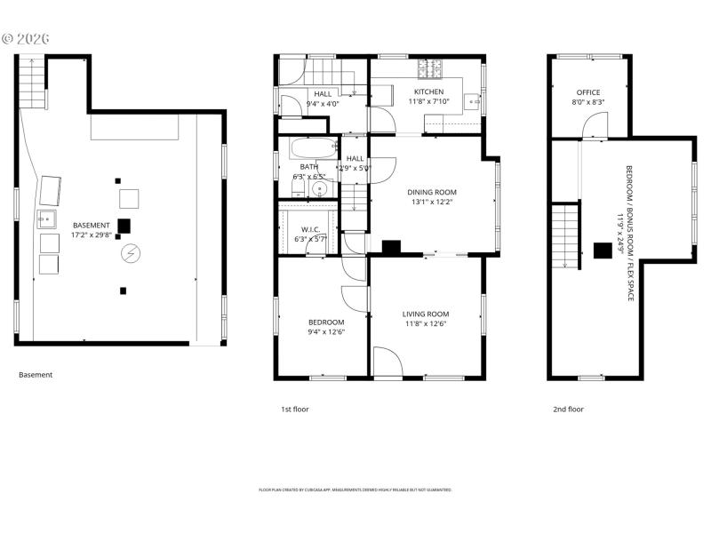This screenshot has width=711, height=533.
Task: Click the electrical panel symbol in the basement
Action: tap(131, 254)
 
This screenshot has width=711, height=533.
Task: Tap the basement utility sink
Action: tap(45, 219)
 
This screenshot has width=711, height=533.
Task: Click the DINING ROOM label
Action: tap(432, 192)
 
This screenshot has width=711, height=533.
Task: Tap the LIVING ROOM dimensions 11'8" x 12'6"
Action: tap(426, 324)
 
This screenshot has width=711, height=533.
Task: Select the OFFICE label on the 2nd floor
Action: tap(587, 92)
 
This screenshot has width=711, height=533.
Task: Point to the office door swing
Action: tap(594, 130)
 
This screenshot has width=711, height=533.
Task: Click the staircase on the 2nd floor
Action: tap(565, 229)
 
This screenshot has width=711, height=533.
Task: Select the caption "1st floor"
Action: tap(294, 410)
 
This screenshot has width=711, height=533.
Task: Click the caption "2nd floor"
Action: tap(569, 410)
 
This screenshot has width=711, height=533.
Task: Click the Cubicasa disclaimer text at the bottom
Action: tap(355, 489)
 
